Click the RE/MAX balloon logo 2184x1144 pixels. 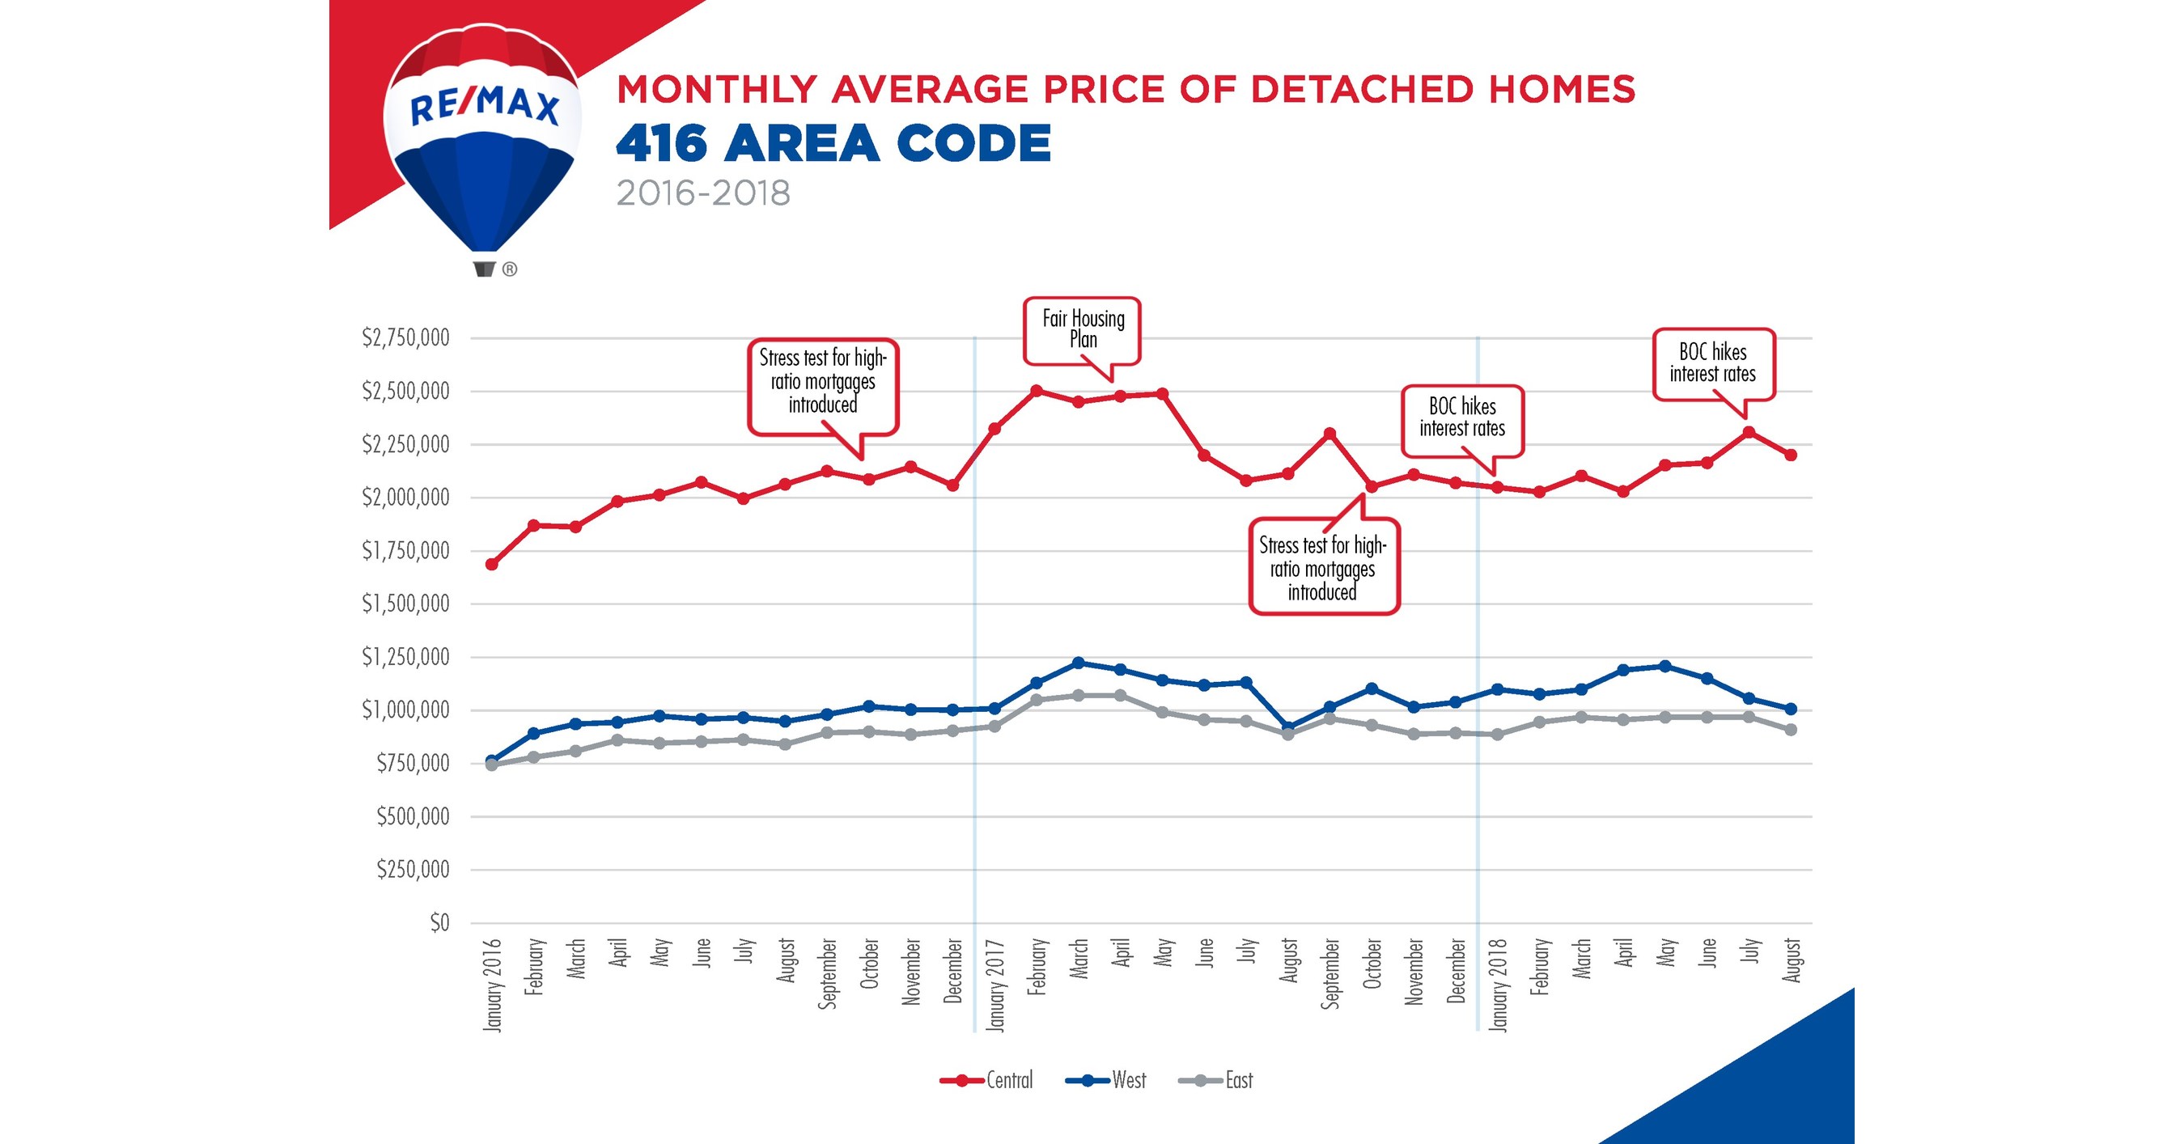482,144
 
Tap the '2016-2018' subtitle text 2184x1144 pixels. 703,193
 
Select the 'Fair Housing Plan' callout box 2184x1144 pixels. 1082,329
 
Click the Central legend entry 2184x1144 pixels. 988,1080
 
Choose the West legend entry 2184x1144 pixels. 1106,1080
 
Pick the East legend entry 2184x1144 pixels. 1217,1080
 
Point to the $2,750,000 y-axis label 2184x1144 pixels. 405,338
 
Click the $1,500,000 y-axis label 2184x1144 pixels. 405,604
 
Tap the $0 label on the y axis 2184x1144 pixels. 439,923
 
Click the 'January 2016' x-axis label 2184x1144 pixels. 493,985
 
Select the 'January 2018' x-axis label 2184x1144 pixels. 1498,985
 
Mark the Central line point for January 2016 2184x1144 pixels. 492,565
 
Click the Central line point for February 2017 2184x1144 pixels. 1036,391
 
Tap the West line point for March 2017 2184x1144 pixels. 1079,663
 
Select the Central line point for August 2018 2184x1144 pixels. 1791,455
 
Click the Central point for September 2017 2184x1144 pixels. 1329,434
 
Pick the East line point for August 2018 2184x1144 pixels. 1791,730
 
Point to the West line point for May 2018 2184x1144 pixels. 1665,666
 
